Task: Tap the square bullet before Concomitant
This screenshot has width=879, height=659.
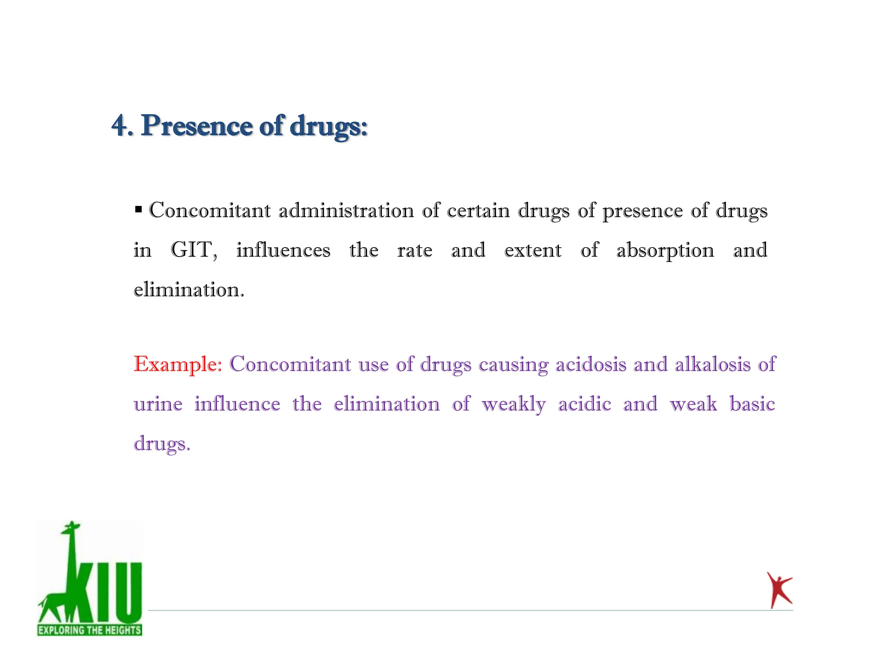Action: [x=138, y=210]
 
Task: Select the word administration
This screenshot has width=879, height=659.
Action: [x=346, y=211]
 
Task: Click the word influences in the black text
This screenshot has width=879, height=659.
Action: [x=283, y=250]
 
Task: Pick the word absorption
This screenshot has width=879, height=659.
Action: [x=665, y=251]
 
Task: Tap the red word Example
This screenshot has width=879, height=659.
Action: [x=177, y=364]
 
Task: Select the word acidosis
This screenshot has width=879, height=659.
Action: [x=591, y=364]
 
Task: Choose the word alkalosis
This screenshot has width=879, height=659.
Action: [x=712, y=364]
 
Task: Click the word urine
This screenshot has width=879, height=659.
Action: [x=158, y=404]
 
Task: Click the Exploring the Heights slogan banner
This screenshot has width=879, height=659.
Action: [x=89, y=630]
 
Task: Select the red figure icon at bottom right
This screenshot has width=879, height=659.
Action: [x=779, y=590]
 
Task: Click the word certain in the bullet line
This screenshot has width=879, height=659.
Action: [x=478, y=211]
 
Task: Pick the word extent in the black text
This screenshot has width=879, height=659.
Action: [x=533, y=250]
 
